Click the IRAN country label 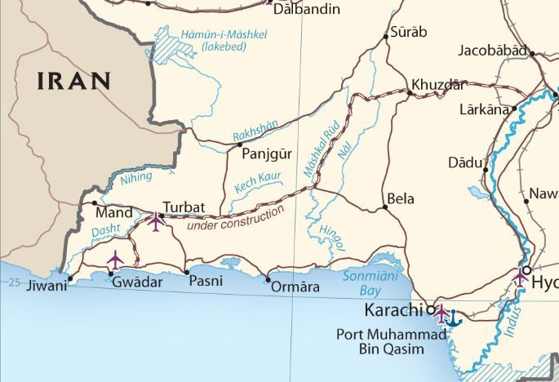(x=73, y=80)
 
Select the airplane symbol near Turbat (x=157, y=221)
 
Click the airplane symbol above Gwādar (x=115, y=260)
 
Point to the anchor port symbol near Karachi (x=454, y=318)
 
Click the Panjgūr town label (x=267, y=152)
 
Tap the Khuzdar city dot (x=409, y=93)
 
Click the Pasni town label (x=205, y=282)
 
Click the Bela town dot (x=386, y=207)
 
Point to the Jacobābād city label (x=491, y=51)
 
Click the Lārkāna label (x=483, y=109)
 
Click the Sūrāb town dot (x=386, y=37)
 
